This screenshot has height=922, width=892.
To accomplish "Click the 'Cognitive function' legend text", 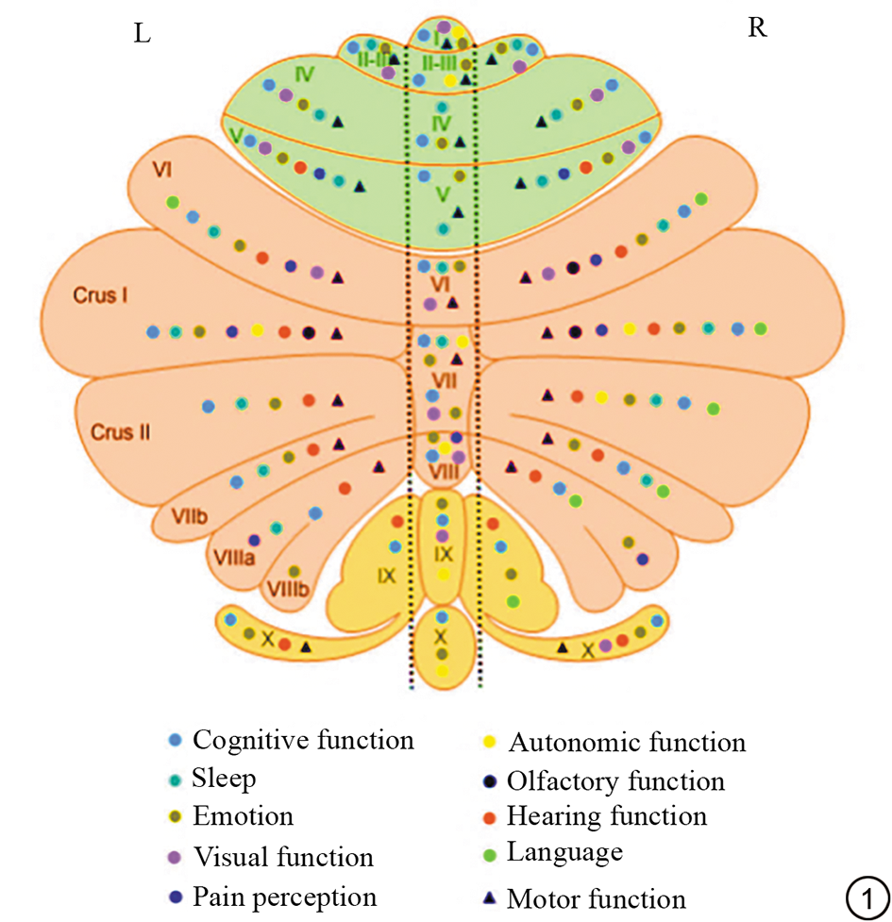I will click(302, 740).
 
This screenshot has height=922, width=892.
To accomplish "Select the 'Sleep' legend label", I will click(224, 779).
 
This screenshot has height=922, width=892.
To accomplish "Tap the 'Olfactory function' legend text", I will click(615, 781).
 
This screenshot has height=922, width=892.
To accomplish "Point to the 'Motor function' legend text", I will click(597, 898).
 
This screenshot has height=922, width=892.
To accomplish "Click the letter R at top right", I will click(756, 28).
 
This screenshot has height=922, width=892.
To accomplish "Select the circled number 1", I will click(867, 896).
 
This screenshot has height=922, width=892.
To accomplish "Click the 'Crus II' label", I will click(121, 432).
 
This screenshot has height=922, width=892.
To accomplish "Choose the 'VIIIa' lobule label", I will click(231, 560).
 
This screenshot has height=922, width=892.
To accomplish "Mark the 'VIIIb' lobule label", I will click(288, 590).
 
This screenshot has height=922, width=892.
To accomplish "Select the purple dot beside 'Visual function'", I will click(174, 857).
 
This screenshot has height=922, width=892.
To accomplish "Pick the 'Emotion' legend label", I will click(243, 816).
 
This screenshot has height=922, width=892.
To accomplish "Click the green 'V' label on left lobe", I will click(234, 135).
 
